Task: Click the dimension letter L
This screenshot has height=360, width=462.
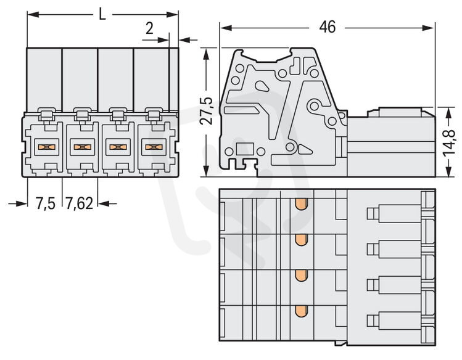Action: point(102,14)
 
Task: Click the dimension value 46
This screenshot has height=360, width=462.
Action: point(327,27)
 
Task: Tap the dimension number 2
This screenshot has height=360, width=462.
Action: point(149,28)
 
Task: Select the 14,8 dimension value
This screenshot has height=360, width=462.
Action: point(448,143)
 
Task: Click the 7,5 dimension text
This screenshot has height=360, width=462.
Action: point(46,203)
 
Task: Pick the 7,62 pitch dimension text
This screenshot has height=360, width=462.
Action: point(79,203)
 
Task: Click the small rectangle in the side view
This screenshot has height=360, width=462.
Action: point(245,149)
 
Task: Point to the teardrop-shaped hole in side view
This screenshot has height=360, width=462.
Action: point(262,86)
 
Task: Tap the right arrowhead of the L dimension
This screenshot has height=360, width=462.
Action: point(172,14)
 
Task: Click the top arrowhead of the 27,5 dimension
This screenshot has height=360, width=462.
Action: point(206,54)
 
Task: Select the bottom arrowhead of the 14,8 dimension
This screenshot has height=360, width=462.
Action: point(448,171)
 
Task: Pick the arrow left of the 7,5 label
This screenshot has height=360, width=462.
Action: point(18,203)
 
